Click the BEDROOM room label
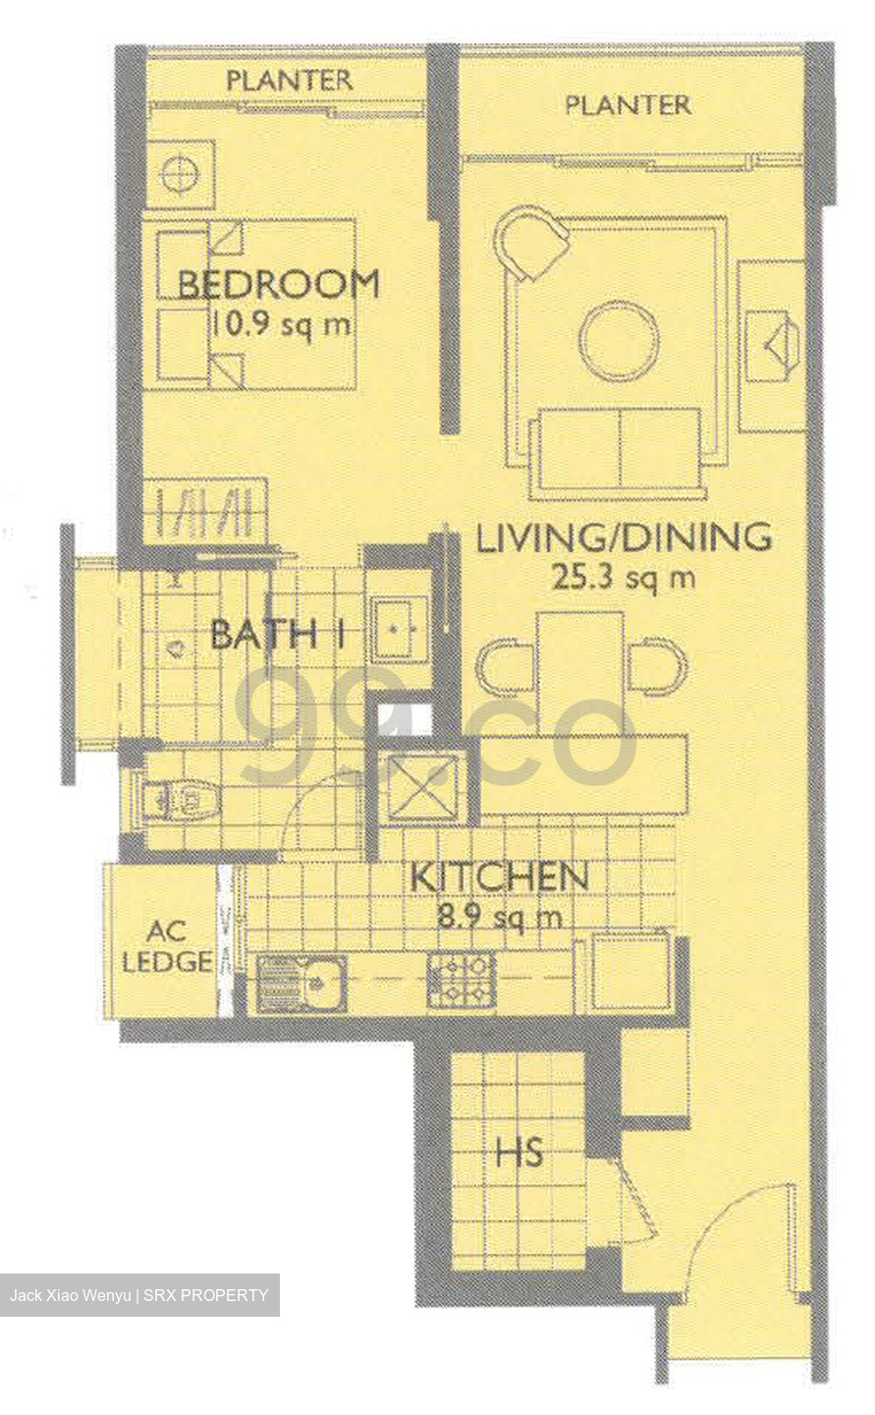click(x=279, y=284)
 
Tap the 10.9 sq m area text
click(x=280, y=324)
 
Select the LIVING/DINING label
click(x=624, y=538)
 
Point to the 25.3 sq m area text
click(x=624, y=577)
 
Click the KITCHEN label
click(x=499, y=877)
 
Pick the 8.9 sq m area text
click(x=499, y=918)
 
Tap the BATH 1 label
click(x=278, y=634)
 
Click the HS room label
click(x=519, y=1152)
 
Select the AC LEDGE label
click(x=167, y=946)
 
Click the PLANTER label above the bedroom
click(x=289, y=81)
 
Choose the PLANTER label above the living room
click(x=628, y=105)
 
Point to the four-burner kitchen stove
click(x=461, y=980)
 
